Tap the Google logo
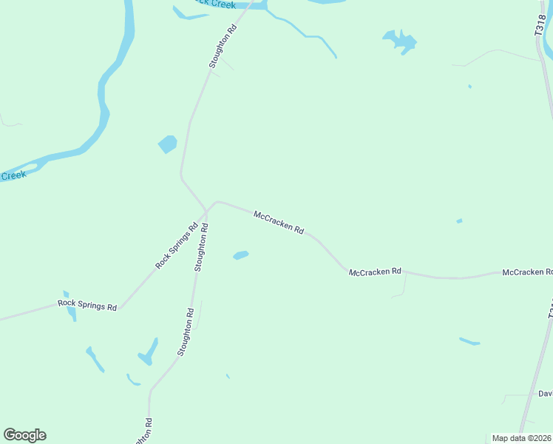click(24, 435)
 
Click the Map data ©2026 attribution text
click(522, 438)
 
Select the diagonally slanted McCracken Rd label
click(279, 222)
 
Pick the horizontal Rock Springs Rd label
click(87, 305)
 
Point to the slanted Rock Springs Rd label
click(176, 246)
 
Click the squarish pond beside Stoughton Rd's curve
click(168, 144)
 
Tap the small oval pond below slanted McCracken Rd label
click(241, 255)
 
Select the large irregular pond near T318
click(399, 41)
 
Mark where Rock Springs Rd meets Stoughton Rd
click(206, 211)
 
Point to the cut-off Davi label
click(545, 393)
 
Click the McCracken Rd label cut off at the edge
click(527, 272)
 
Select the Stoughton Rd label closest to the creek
click(223, 47)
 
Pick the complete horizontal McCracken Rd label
click(375, 272)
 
